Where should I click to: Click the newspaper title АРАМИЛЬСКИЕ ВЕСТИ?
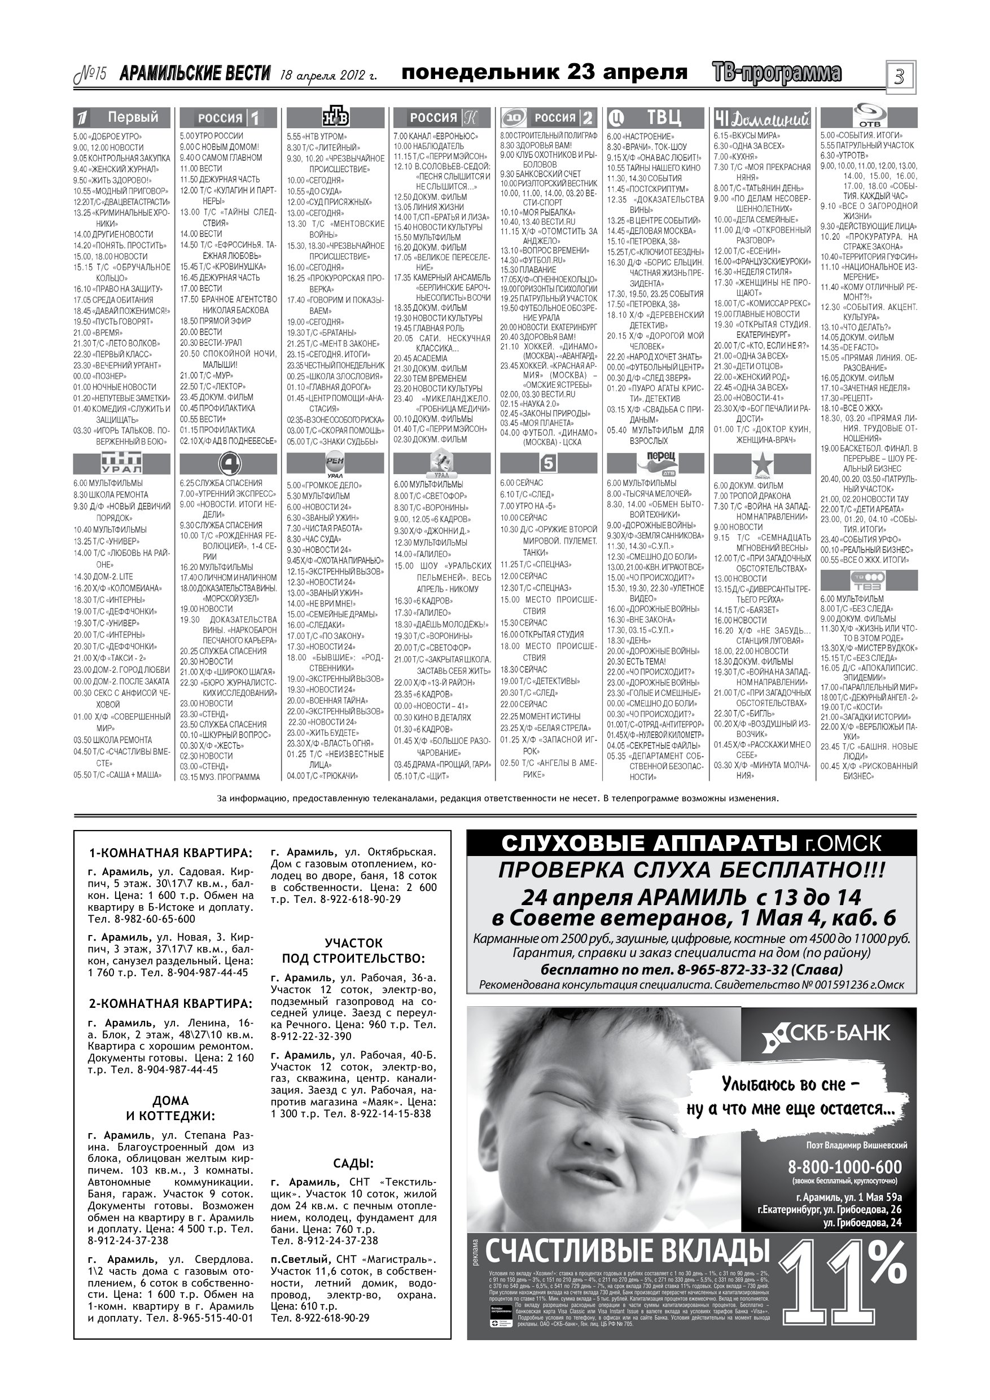(195, 74)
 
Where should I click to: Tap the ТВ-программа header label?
(776, 73)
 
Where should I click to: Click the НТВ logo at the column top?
(335, 116)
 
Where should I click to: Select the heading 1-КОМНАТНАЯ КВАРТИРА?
(170, 853)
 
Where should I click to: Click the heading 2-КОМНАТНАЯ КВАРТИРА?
(170, 1004)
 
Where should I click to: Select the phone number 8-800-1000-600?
(844, 1167)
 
